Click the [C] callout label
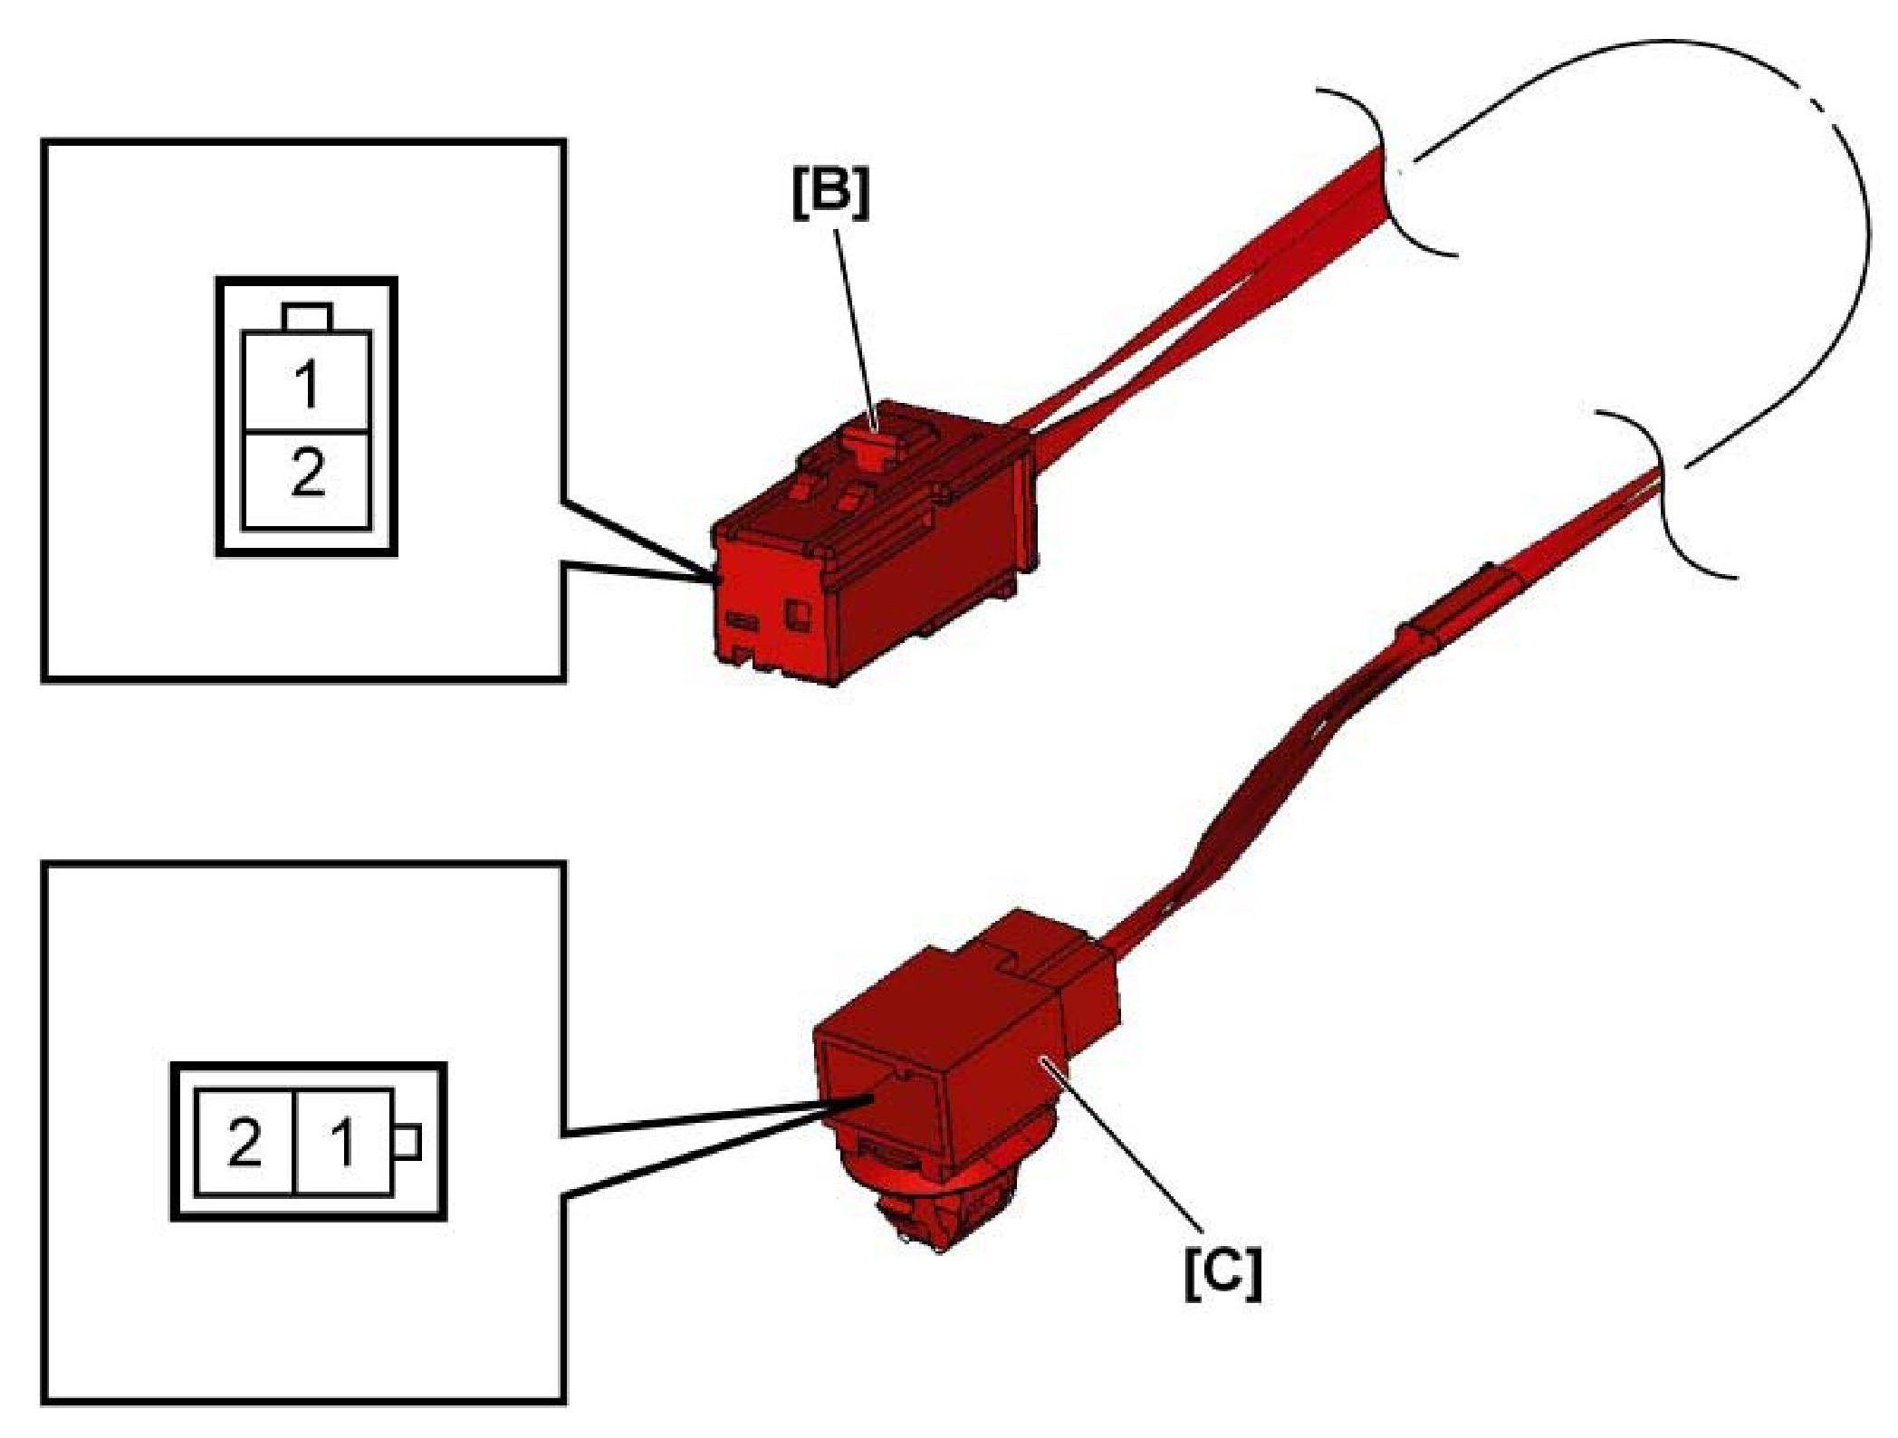[1222, 1274]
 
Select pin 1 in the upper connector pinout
[307, 382]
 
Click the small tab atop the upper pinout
[307, 317]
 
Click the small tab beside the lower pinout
[408, 1142]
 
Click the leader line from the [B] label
[856, 326]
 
